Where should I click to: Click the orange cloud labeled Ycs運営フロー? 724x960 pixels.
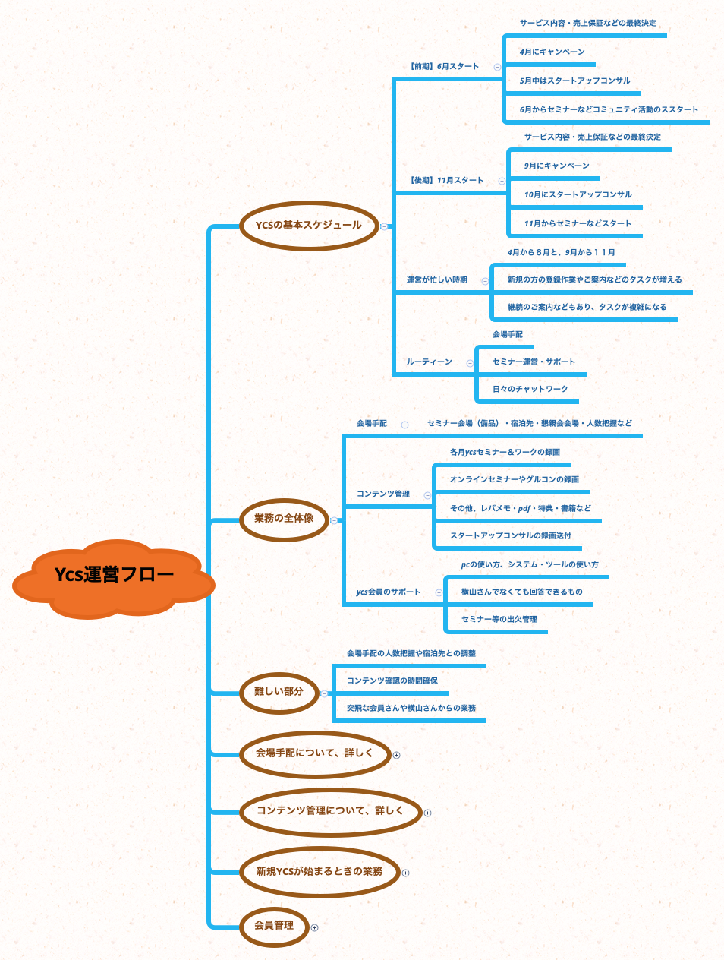(x=114, y=576)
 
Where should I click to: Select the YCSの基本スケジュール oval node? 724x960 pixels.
(x=309, y=225)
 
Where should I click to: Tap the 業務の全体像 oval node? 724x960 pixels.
(x=284, y=519)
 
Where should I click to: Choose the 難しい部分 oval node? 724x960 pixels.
(x=279, y=692)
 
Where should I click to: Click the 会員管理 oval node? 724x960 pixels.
(x=274, y=926)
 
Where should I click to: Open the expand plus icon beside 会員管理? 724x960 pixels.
(x=315, y=927)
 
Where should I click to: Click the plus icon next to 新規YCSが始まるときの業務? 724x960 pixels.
(x=405, y=873)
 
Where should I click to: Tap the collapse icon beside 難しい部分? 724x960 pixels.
(x=324, y=693)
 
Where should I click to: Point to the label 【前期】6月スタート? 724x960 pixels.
(x=443, y=66)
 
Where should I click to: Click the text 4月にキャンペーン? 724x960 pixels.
(x=552, y=52)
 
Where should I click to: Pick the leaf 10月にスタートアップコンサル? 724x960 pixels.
(x=578, y=194)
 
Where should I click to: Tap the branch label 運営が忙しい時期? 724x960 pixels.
(x=437, y=280)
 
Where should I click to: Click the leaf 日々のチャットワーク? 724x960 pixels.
(x=530, y=389)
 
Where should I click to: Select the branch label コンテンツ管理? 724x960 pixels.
(x=383, y=494)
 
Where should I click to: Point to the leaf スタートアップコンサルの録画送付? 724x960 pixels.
(x=510, y=535)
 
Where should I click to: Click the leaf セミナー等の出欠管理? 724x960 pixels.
(x=499, y=619)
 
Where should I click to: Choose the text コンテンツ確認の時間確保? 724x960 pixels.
(x=392, y=681)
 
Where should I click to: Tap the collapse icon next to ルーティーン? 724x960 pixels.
(x=470, y=363)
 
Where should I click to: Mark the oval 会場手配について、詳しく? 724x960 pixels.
(x=315, y=753)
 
